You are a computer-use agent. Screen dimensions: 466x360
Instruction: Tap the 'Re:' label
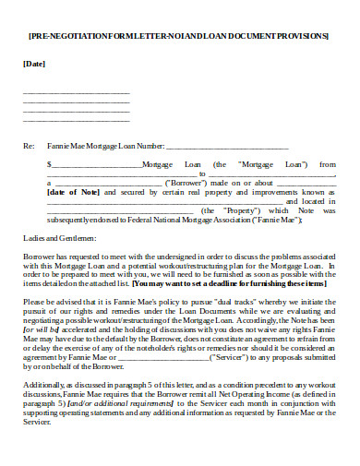(x=29, y=146)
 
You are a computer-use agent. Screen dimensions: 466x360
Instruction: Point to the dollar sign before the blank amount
(x=50, y=164)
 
